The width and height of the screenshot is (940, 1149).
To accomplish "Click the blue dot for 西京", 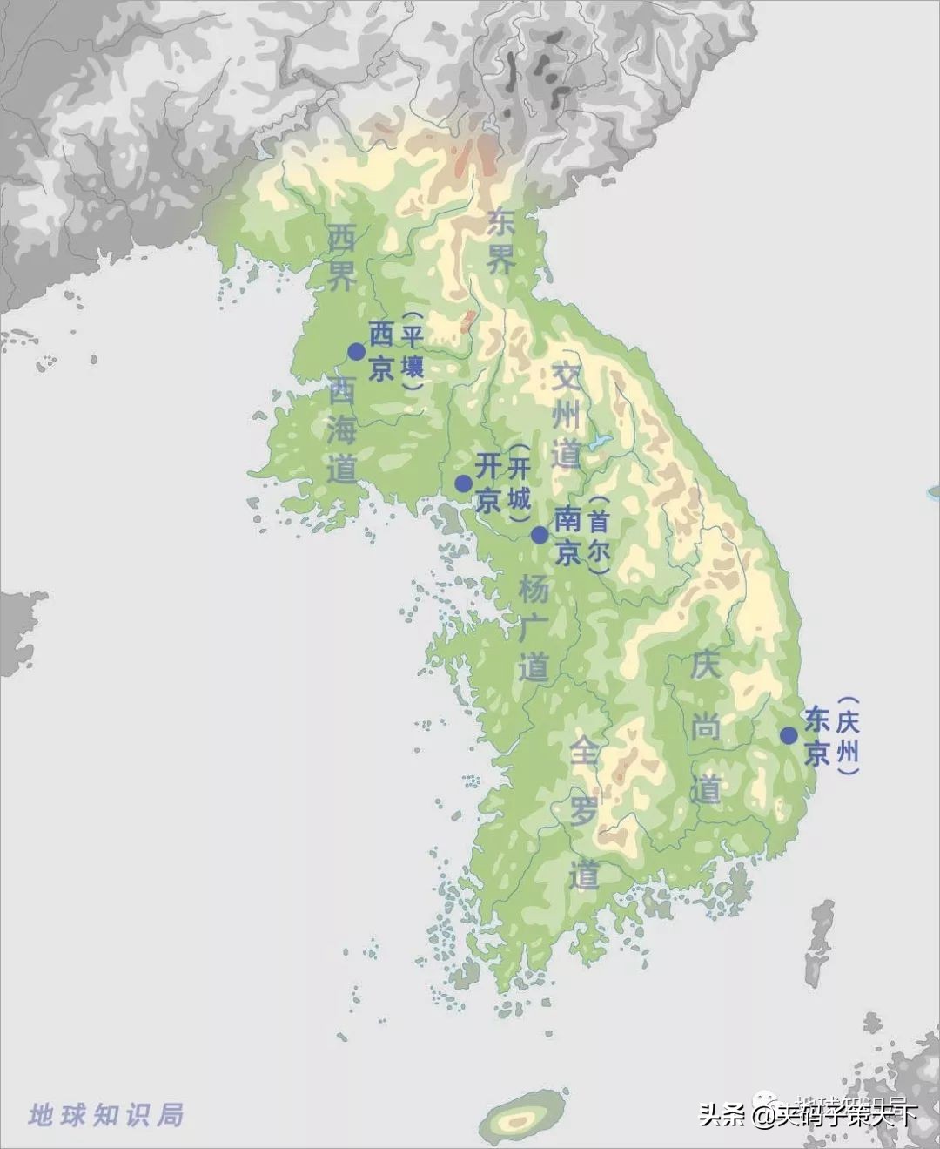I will point(356,351).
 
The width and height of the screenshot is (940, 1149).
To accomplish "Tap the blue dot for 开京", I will point(463,483).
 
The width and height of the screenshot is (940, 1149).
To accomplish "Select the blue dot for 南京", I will point(540,535).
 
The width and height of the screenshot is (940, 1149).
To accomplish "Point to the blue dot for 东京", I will point(789,735).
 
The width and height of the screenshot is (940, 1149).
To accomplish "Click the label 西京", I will point(381,351).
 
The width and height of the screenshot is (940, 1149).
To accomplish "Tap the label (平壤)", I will point(412,350).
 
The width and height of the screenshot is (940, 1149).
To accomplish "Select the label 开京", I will point(488,483).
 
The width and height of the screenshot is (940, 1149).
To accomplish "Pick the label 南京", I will point(567,535).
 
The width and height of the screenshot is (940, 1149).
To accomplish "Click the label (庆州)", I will point(847,735).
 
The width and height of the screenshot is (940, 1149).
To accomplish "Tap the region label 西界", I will point(341,256).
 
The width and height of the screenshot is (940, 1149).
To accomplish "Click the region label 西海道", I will point(342,431).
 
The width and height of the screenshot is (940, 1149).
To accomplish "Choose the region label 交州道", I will point(567,415).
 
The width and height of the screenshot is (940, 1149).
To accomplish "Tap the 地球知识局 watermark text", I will point(106,1114).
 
